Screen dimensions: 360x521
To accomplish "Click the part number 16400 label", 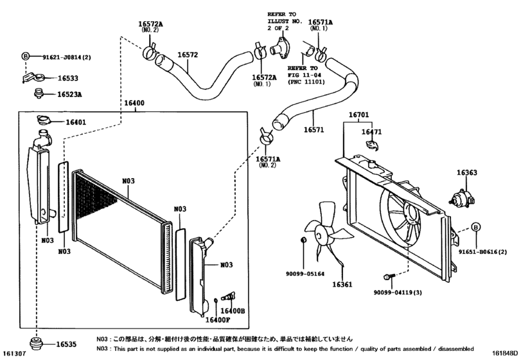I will [x=134, y=103].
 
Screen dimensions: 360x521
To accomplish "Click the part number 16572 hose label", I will [x=187, y=55].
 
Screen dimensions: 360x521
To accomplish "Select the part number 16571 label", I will [x=313, y=129].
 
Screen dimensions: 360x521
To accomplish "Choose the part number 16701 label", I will [x=359, y=116].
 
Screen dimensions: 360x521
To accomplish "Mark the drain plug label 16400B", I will [x=234, y=310].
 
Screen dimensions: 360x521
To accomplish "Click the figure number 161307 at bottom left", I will [x=16, y=354].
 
